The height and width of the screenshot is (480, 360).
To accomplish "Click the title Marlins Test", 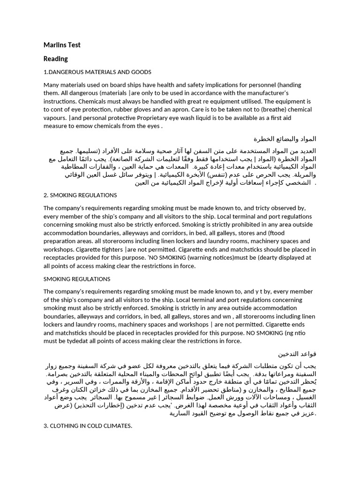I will pos(62,45).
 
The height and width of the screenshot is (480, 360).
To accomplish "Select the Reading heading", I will pos(56,59).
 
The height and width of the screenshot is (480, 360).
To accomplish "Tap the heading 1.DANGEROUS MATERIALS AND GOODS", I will pos(97,72).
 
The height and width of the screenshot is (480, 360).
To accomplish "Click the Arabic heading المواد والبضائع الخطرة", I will pos(285,139).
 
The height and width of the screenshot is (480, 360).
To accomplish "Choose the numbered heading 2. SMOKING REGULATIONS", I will pos(80,195).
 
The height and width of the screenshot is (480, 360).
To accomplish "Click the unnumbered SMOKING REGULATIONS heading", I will pos(77,279).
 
